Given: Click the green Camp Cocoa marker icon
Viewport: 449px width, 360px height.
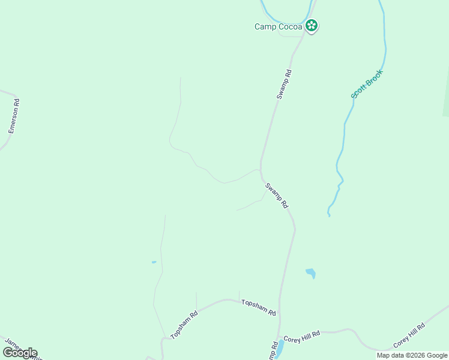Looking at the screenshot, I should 312,26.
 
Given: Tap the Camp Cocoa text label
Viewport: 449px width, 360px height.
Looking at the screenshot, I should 279,26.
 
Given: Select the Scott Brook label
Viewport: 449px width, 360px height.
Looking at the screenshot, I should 366,84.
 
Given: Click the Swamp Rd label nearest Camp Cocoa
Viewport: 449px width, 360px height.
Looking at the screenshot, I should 284,85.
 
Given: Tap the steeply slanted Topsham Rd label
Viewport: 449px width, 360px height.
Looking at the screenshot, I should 184,325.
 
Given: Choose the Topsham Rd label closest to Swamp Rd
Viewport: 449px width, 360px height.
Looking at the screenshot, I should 259,308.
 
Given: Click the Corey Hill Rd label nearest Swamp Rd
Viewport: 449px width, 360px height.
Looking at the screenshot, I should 302,334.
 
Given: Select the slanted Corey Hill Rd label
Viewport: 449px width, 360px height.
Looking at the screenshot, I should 409,335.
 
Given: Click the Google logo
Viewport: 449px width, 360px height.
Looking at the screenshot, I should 20,353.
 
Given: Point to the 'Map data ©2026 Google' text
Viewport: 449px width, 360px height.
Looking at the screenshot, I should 412,355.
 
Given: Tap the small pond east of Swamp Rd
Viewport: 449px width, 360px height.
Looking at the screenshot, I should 310,273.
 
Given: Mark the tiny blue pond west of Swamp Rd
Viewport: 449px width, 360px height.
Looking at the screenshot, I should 154,262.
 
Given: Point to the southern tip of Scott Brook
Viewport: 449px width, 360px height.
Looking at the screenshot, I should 329,215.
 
